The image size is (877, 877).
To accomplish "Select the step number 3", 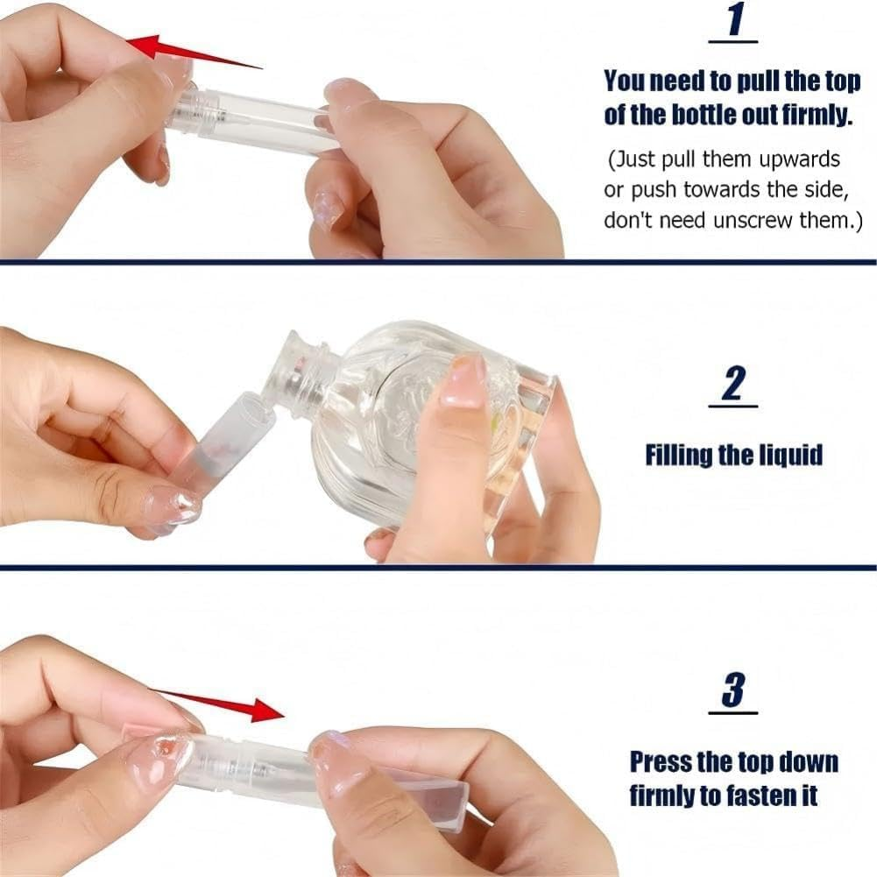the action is [x=733, y=690].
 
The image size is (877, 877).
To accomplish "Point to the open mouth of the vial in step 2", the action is [x=254, y=407].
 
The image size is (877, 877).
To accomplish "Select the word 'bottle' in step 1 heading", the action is [x=703, y=116].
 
